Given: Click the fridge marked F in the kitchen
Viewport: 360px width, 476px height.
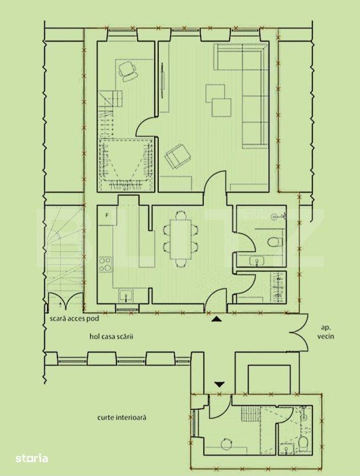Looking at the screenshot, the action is click(x=107, y=216).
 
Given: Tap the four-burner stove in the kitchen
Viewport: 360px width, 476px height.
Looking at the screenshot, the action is click(x=105, y=264).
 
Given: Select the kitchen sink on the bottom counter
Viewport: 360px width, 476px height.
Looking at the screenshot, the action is click(x=126, y=296).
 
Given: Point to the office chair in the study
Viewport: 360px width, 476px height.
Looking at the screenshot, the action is click(x=127, y=71).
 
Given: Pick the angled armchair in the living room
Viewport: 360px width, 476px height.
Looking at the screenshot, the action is click(x=178, y=156).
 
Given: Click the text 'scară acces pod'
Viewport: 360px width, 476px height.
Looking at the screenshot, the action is click(x=74, y=319).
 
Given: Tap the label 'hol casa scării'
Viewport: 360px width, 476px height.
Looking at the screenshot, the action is click(x=111, y=337).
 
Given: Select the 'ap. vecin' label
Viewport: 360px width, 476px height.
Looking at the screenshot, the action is click(x=326, y=332).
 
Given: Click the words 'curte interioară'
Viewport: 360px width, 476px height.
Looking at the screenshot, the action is click(x=122, y=417).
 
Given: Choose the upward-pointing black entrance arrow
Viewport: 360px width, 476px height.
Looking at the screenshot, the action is click(x=216, y=319).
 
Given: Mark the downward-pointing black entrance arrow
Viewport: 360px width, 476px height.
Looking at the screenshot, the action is click(x=219, y=385).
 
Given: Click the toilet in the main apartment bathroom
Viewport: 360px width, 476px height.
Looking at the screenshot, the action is click(x=275, y=242).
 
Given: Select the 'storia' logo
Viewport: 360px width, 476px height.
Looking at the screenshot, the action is click(x=32, y=457).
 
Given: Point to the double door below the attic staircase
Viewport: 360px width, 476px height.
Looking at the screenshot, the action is click(x=65, y=301).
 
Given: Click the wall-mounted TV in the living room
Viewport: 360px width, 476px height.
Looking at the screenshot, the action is click(x=163, y=80).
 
